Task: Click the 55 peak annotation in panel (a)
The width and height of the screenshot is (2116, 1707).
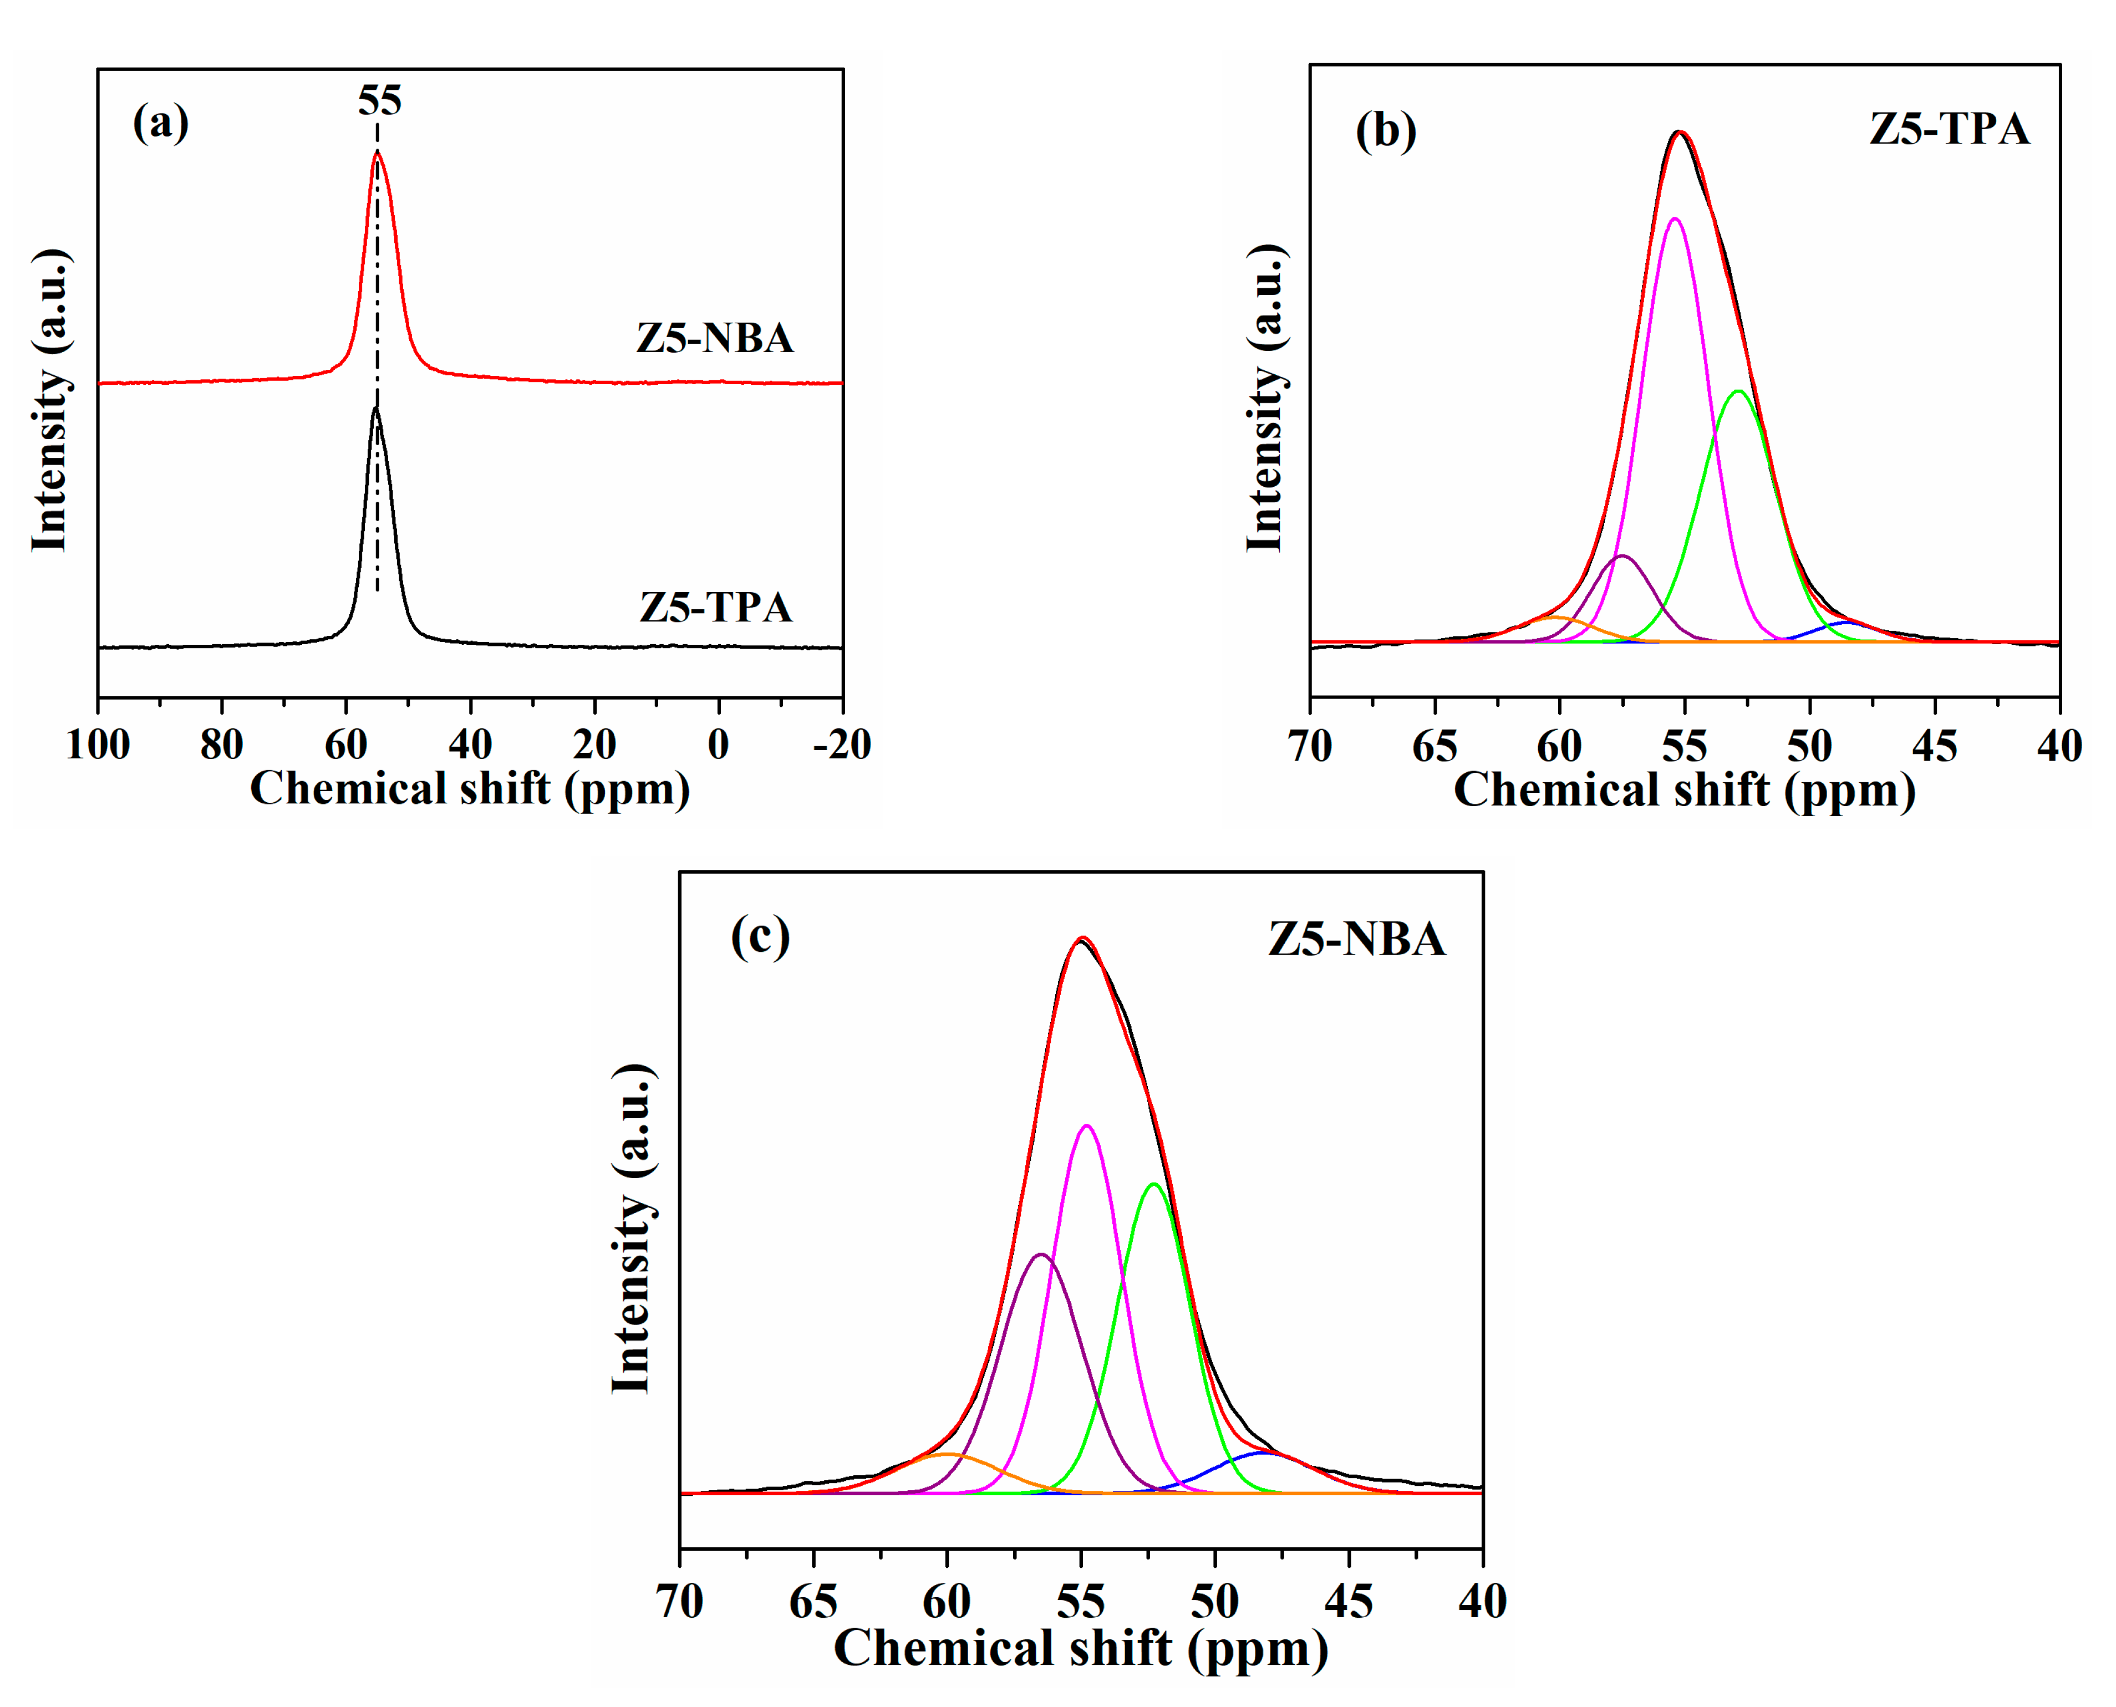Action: (379, 100)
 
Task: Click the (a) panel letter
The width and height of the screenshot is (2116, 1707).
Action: (160, 123)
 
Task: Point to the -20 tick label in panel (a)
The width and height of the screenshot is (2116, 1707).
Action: (842, 745)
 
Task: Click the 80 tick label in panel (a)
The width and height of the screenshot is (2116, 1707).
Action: (222, 745)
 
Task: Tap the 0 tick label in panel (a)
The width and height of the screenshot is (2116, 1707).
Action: (719, 745)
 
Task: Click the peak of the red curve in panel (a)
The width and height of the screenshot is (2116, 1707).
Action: (377, 154)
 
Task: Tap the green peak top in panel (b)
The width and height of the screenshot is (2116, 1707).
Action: (1738, 391)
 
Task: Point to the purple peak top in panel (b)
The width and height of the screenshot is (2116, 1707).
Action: (1622, 557)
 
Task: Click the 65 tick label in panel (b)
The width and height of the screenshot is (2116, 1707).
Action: (1435, 747)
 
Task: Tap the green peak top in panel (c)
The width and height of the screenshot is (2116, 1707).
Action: (1153, 1184)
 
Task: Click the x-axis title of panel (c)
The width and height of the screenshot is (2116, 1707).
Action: (1081, 1649)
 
